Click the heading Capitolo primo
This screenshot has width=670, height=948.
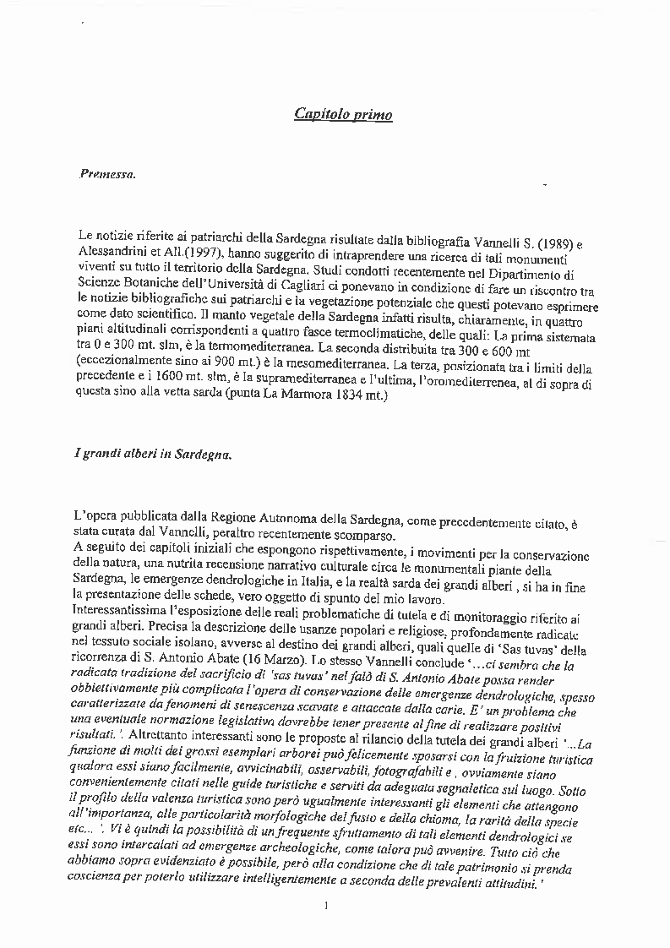343,114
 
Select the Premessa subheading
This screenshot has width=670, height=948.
107,175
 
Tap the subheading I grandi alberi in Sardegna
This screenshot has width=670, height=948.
152,454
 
